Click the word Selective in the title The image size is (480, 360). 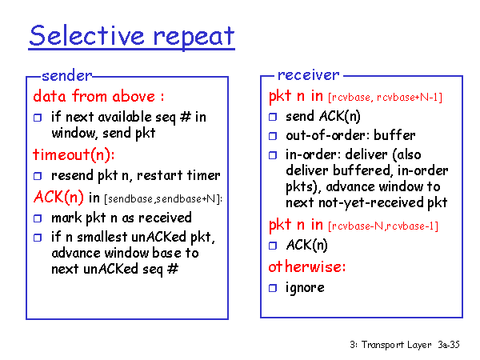click(86, 35)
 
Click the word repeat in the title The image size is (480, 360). click(194, 38)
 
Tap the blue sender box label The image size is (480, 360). click(66, 76)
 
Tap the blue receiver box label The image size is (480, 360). click(308, 75)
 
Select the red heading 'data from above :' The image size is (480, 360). click(98, 96)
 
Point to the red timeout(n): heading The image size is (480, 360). click(74, 154)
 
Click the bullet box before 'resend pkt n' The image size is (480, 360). click(38, 176)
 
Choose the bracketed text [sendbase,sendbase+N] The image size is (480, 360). click(162, 199)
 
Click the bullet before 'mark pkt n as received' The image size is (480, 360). click(38, 218)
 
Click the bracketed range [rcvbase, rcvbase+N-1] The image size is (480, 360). click(385, 98)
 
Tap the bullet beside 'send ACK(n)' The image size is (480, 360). click(273, 117)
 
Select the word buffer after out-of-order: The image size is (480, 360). click(394, 135)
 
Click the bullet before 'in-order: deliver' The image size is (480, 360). click(273, 155)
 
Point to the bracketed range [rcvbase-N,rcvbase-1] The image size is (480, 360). click(383, 226)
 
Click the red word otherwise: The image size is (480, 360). click(307, 266)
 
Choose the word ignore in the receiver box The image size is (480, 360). click(305, 288)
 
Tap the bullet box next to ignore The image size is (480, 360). click(273, 288)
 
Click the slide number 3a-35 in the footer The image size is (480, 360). click(449, 344)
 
